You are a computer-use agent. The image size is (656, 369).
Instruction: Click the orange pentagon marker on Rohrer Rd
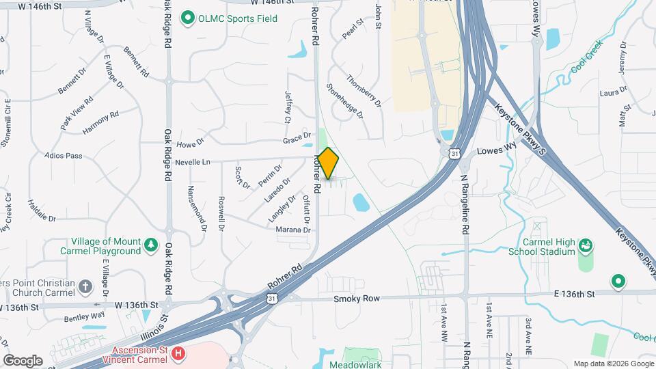(328, 164)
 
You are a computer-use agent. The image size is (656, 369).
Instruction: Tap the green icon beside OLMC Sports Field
(187, 18)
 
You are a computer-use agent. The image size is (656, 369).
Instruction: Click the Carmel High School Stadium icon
(585, 245)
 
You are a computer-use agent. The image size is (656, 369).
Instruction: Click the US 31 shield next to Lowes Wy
(454, 154)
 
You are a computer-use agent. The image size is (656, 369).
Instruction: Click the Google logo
(23, 361)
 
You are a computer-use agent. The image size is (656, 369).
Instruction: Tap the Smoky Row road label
(356, 299)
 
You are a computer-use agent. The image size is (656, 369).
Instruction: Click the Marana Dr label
(293, 230)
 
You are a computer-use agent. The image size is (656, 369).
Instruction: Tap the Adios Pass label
(63, 156)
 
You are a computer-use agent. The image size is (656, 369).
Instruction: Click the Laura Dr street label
(613, 92)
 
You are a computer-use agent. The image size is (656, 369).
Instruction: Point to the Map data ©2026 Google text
(612, 364)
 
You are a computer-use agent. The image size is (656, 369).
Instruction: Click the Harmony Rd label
(100, 123)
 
